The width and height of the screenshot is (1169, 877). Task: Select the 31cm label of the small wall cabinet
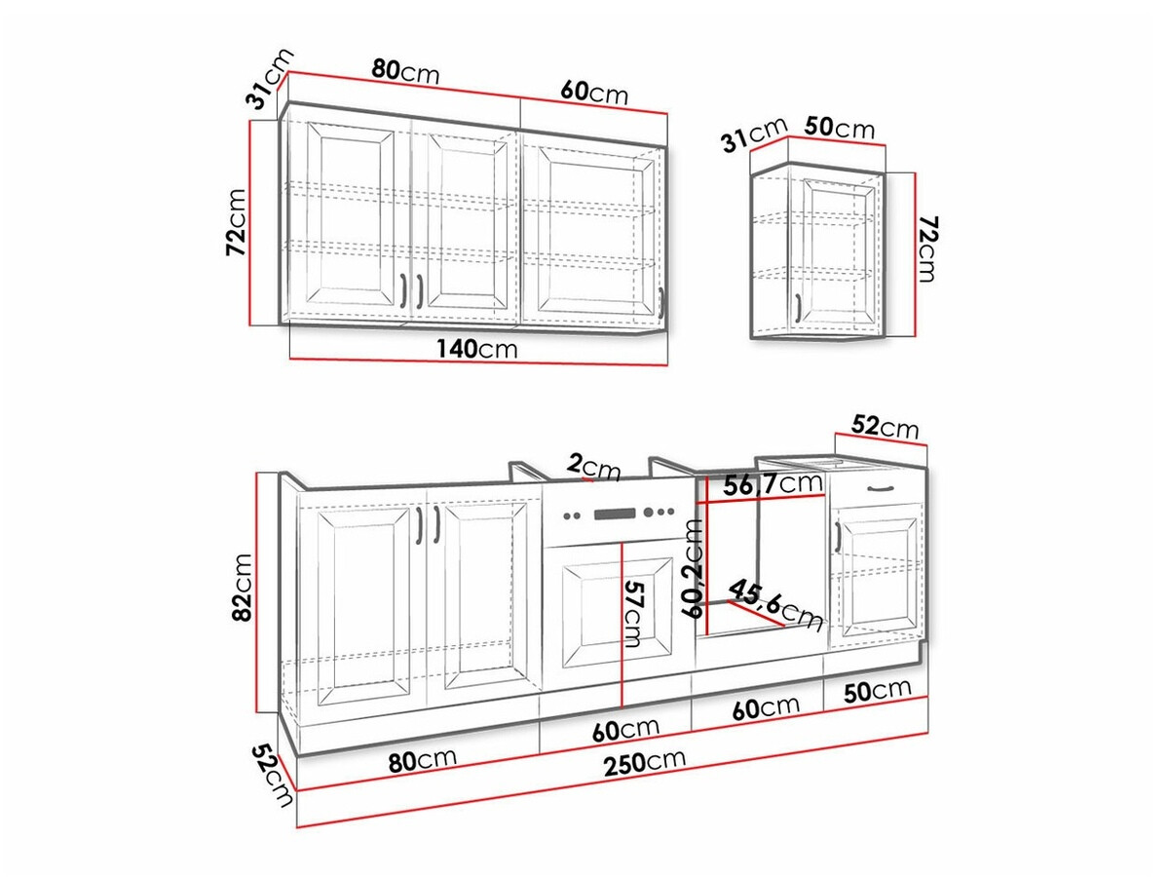(x=753, y=136)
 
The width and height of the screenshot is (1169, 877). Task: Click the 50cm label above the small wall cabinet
(x=840, y=128)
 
